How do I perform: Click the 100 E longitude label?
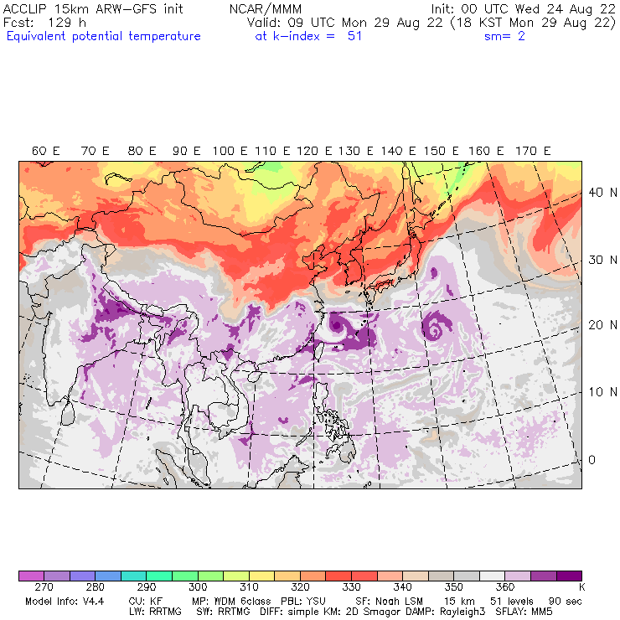[x=230, y=151]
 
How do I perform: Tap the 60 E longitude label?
[x=45, y=151]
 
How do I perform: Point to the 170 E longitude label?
[x=534, y=151]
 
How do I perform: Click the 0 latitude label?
[x=592, y=460]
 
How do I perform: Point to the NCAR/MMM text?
[x=266, y=9]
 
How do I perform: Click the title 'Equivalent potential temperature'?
[x=103, y=36]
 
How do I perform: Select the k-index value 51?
[x=354, y=36]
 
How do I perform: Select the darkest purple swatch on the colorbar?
[x=570, y=576]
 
